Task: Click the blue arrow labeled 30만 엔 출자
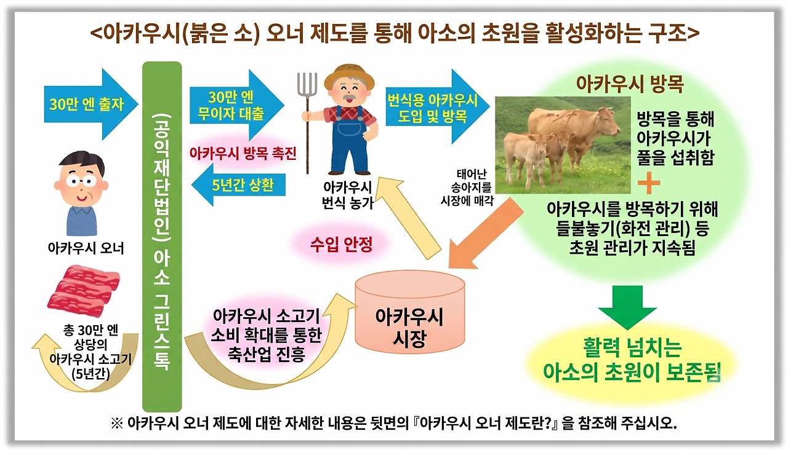pyautogui.click(x=90, y=104)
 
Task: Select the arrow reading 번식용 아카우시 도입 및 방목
pyautogui.click(x=438, y=106)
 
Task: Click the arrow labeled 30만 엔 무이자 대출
pyautogui.click(x=237, y=105)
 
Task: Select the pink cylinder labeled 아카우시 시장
pyautogui.click(x=410, y=312)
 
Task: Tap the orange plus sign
pyautogui.click(x=649, y=183)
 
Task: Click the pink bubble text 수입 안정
pyautogui.click(x=341, y=244)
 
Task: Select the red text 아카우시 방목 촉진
pyautogui.click(x=243, y=154)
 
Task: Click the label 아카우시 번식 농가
pyautogui.click(x=348, y=195)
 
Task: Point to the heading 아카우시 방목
pyautogui.click(x=630, y=84)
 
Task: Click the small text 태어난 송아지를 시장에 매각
pyautogui.click(x=467, y=187)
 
